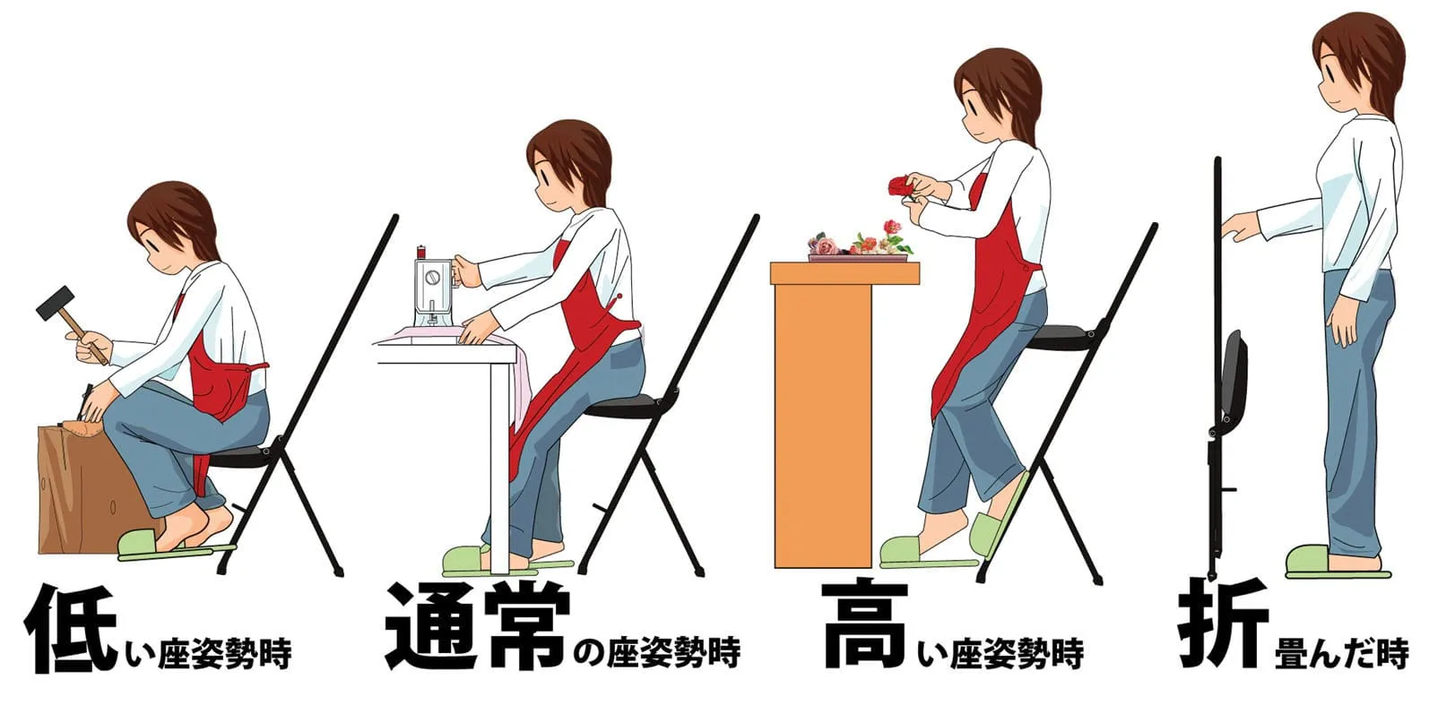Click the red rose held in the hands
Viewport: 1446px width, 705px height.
tap(899, 186)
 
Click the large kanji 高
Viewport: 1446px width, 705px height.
tap(864, 625)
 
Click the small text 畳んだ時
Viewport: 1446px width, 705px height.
tap(1340, 652)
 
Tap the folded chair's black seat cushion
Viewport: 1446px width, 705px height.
tap(1234, 377)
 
